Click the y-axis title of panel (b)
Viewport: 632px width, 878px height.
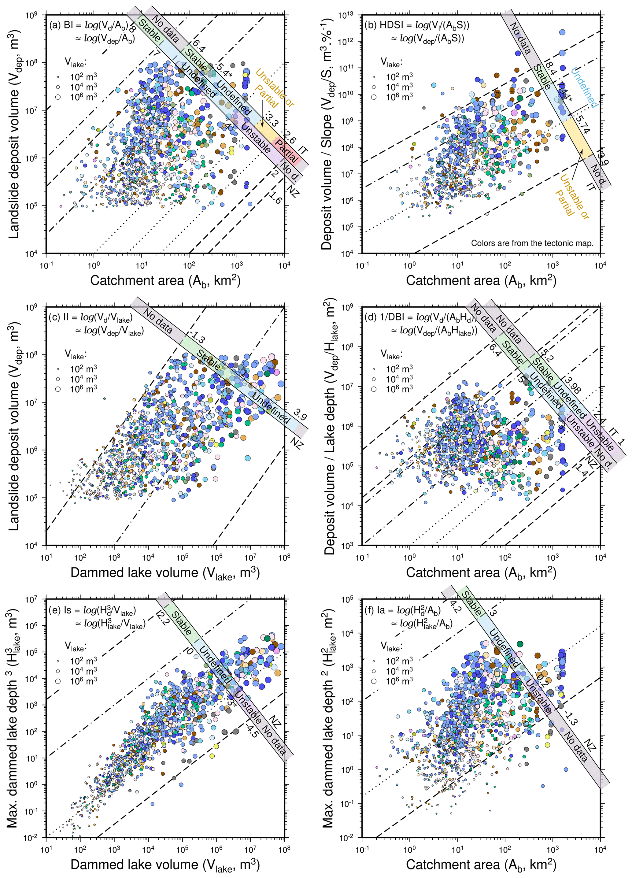[327, 134]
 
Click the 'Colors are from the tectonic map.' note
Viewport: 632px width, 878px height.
[532, 243]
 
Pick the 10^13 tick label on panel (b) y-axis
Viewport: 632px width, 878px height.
[345, 16]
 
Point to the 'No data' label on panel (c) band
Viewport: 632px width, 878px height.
[158, 321]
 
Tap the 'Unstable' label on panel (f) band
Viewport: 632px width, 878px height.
[538, 696]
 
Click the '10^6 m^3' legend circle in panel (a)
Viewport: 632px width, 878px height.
[58, 97]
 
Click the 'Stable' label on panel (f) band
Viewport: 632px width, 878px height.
[472, 603]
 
